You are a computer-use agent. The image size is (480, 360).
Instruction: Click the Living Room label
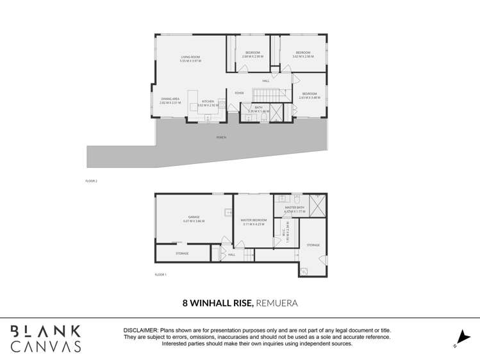point(190,58)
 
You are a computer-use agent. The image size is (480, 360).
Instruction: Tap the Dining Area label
point(170,99)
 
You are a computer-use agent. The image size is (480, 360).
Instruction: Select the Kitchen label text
point(208,102)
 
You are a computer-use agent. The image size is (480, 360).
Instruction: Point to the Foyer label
point(239,94)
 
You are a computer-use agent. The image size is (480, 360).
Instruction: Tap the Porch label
point(221,137)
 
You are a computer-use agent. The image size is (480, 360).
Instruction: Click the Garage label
point(194,218)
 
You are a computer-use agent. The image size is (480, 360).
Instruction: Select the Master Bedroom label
point(253,220)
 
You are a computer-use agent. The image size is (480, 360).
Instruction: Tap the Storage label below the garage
point(182,254)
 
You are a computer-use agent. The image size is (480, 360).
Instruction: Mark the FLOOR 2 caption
point(91,181)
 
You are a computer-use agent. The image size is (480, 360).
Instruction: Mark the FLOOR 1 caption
point(160,274)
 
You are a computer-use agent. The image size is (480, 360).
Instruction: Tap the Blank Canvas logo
point(46,339)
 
